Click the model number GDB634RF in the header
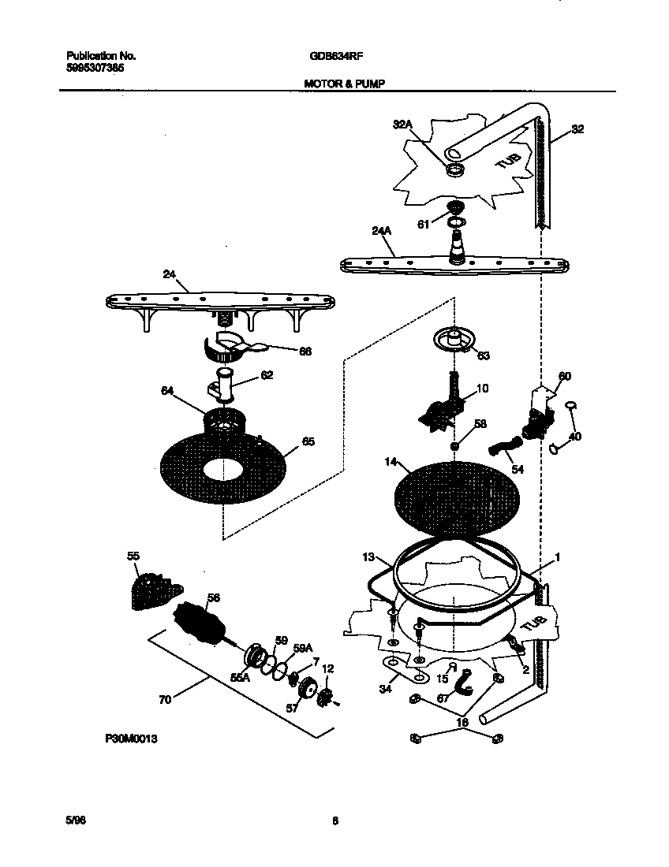pos(330,56)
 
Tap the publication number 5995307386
pos(95,68)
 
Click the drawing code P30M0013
pos(131,740)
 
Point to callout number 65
pos(308,442)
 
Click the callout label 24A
pos(381,231)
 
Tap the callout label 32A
pos(403,124)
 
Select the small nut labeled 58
pos(456,447)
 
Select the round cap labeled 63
pos(454,340)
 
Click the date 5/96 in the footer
pos(76,820)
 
